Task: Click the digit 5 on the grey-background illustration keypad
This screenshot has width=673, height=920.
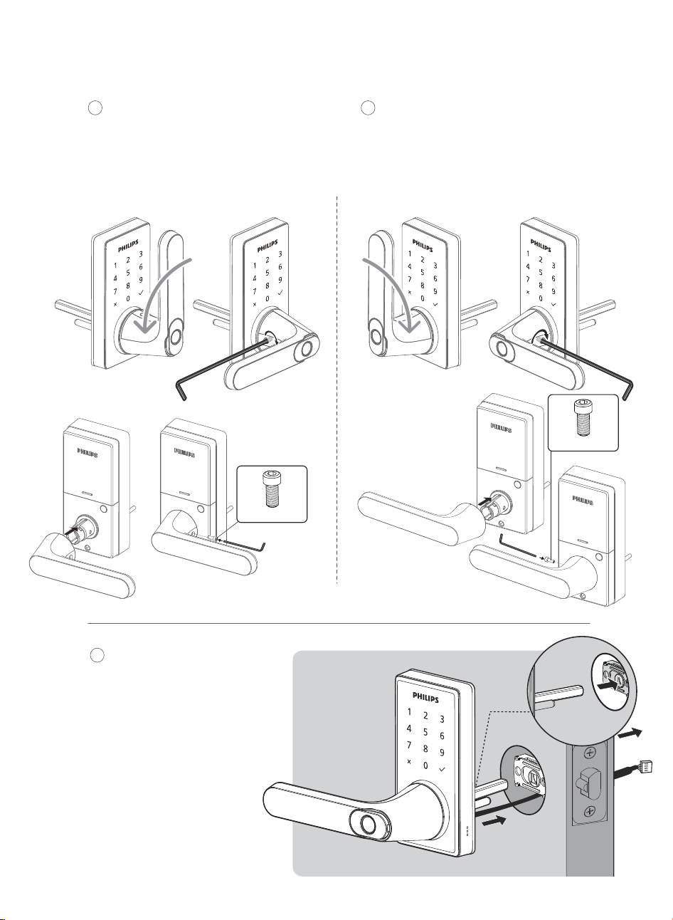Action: coord(425,732)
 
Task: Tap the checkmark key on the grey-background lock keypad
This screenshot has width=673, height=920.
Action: coord(442,768)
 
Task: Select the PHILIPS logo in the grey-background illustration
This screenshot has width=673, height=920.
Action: coord(426,697)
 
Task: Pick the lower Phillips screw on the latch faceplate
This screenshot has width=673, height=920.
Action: coord(590,811)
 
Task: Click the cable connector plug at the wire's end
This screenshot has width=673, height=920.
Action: coord(645,766)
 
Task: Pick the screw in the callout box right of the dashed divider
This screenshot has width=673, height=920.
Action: coord(583,417)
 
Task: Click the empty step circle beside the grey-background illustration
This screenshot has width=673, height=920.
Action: coord(97,655)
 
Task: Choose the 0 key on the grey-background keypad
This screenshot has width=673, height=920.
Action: coord(425,765)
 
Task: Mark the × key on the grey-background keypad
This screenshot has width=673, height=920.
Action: coord(409,761)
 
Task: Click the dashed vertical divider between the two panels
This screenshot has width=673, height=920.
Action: coord(337,390)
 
